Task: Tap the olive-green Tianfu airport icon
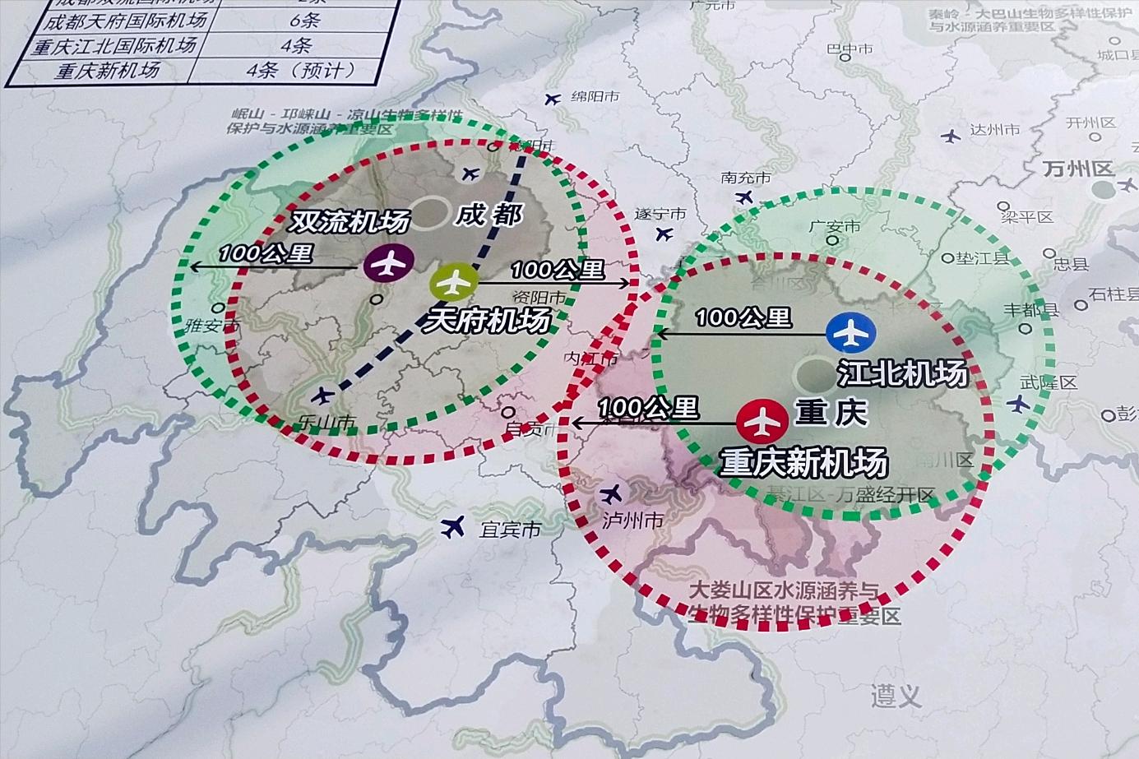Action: click(453, 283)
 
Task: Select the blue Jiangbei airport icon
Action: click(851, 333)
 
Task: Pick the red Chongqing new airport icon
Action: click(762, 421)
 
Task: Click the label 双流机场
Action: click(350, 221)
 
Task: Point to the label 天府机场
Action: click(486, 320)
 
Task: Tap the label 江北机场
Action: click(902, 373)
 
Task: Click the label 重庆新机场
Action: click(803, 463)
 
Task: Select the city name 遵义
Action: click(896, 697)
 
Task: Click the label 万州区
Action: click(1077, 169)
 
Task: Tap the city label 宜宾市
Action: click(510, 530)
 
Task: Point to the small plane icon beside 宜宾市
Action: click(452, 526)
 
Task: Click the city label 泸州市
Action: click(632, 521)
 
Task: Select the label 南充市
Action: click(746, 178)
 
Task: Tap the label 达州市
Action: click(994, 130)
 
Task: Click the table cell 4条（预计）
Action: click(299, 70)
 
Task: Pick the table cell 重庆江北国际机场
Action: click(114, 46)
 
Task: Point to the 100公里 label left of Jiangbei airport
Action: click(743, 317)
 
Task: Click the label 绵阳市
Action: click(595, 96)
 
